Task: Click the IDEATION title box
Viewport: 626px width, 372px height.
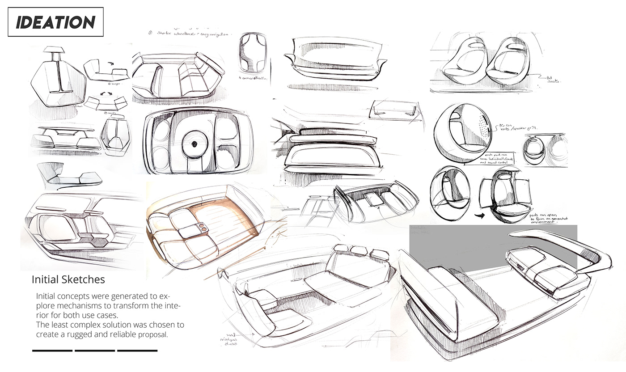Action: pos(56,22)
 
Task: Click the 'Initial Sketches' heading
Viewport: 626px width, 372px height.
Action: pos(68,279)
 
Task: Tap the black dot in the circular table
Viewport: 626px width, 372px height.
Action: pos(195,144)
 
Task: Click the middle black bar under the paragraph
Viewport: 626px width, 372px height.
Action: pos(95,351)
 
